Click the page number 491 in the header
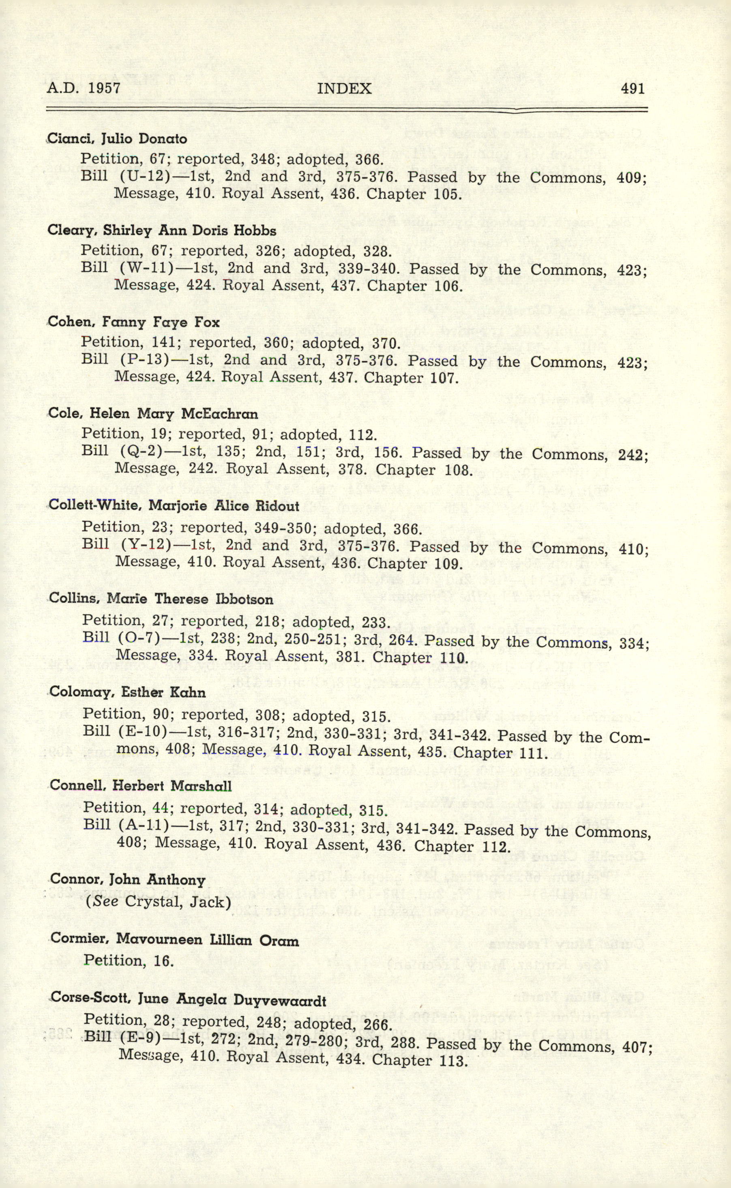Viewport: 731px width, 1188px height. (x=632, y=88)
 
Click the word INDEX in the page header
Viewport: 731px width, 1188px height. (x=344, y=88)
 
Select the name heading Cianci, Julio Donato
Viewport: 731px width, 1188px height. (x=118, y=139)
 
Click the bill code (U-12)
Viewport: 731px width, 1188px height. (x=145, y=176)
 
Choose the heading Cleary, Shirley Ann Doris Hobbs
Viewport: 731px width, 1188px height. (x=162, y=231)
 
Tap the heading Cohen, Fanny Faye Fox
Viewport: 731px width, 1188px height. (x=134, y=322)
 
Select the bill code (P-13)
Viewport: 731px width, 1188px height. (x=144, y=360)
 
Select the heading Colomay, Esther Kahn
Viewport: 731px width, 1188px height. (x=128, y=692)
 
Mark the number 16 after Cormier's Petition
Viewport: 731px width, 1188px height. (x=163, y=961)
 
